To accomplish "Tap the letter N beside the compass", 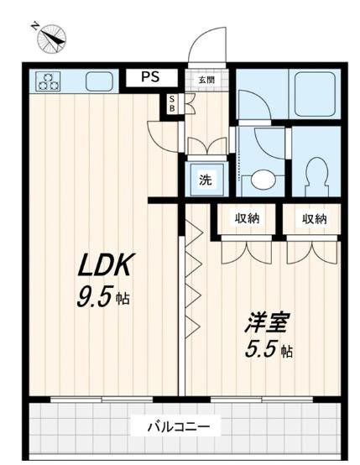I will click(35, 25).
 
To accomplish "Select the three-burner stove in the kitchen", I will click(48, 81).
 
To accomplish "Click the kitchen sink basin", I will click(100, 81).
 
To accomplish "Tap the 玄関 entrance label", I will click(206, 80).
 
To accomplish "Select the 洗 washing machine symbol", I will click(205, 178).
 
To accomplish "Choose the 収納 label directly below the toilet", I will click(314, 219).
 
